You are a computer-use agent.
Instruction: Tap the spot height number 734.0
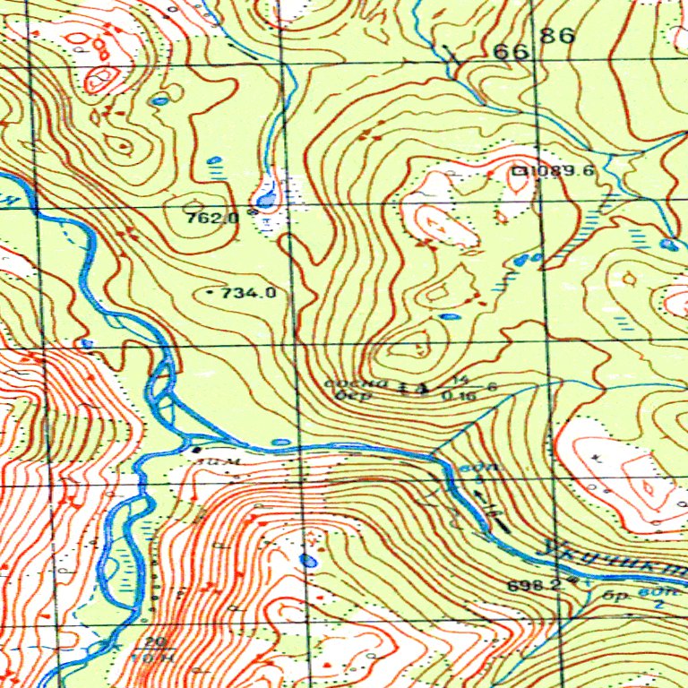248,292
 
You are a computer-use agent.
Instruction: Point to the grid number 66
511,52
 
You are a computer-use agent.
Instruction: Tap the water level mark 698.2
534,585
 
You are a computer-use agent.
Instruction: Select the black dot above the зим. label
196,449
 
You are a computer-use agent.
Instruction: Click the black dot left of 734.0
210,293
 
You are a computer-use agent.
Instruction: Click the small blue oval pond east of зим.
280,442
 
